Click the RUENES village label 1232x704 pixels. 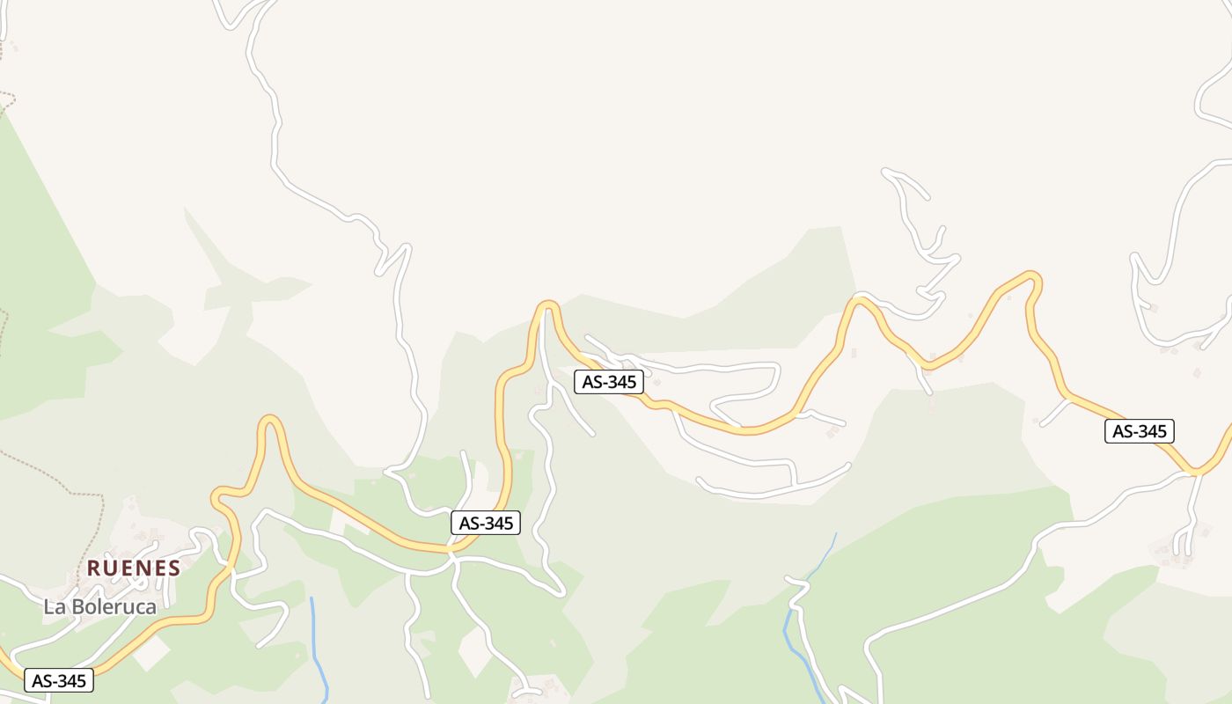[x=134, y=568]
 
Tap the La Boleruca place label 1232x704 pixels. [x=100, y=606]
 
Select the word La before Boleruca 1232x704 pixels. [x=53, y=606]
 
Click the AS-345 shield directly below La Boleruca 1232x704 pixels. [x=59, y=680]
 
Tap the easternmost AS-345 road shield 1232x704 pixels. [x=1140, y=430]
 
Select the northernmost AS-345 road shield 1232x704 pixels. [x=609, y=381]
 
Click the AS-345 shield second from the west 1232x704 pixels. [x=486, y=522]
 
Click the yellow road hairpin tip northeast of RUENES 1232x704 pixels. [x=270, y=420]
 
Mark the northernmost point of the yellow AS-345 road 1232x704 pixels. [x=1030, y=275]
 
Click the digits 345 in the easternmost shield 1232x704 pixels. [x=1151, y=430]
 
